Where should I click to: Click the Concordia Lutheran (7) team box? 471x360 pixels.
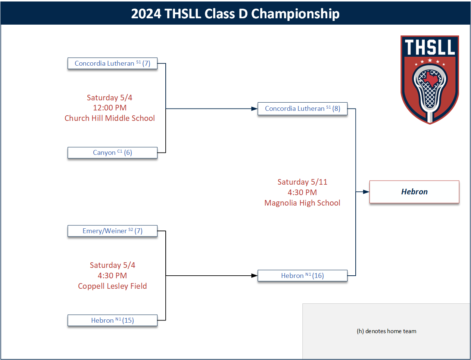(112, 63)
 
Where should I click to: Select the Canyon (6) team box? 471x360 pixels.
(112, 153)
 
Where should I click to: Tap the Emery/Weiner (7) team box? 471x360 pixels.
(112, 231)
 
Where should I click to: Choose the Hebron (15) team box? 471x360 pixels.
(112, 320)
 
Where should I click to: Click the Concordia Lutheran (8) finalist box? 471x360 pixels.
(302, 109)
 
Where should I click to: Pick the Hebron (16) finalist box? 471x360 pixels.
(302, 276)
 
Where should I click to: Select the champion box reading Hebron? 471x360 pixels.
(414, 192)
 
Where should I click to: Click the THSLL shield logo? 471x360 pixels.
(430, 79)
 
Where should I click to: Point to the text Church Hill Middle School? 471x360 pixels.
(109, 118)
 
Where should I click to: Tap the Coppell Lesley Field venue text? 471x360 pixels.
(112, 286)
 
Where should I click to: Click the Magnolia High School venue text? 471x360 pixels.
(302, 203)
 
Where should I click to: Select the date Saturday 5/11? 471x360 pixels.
(302, 182)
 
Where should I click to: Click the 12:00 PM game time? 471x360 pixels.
(110, 108)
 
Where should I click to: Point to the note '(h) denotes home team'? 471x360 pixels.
(386, 331)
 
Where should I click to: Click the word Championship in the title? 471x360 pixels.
(295, 14)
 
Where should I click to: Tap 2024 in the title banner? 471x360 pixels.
(146, 14)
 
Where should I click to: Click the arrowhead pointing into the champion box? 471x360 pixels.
(366, 192)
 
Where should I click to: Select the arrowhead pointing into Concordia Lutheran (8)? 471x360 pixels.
(254, 109)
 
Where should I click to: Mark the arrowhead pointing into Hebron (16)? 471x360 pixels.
(254, 276)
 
